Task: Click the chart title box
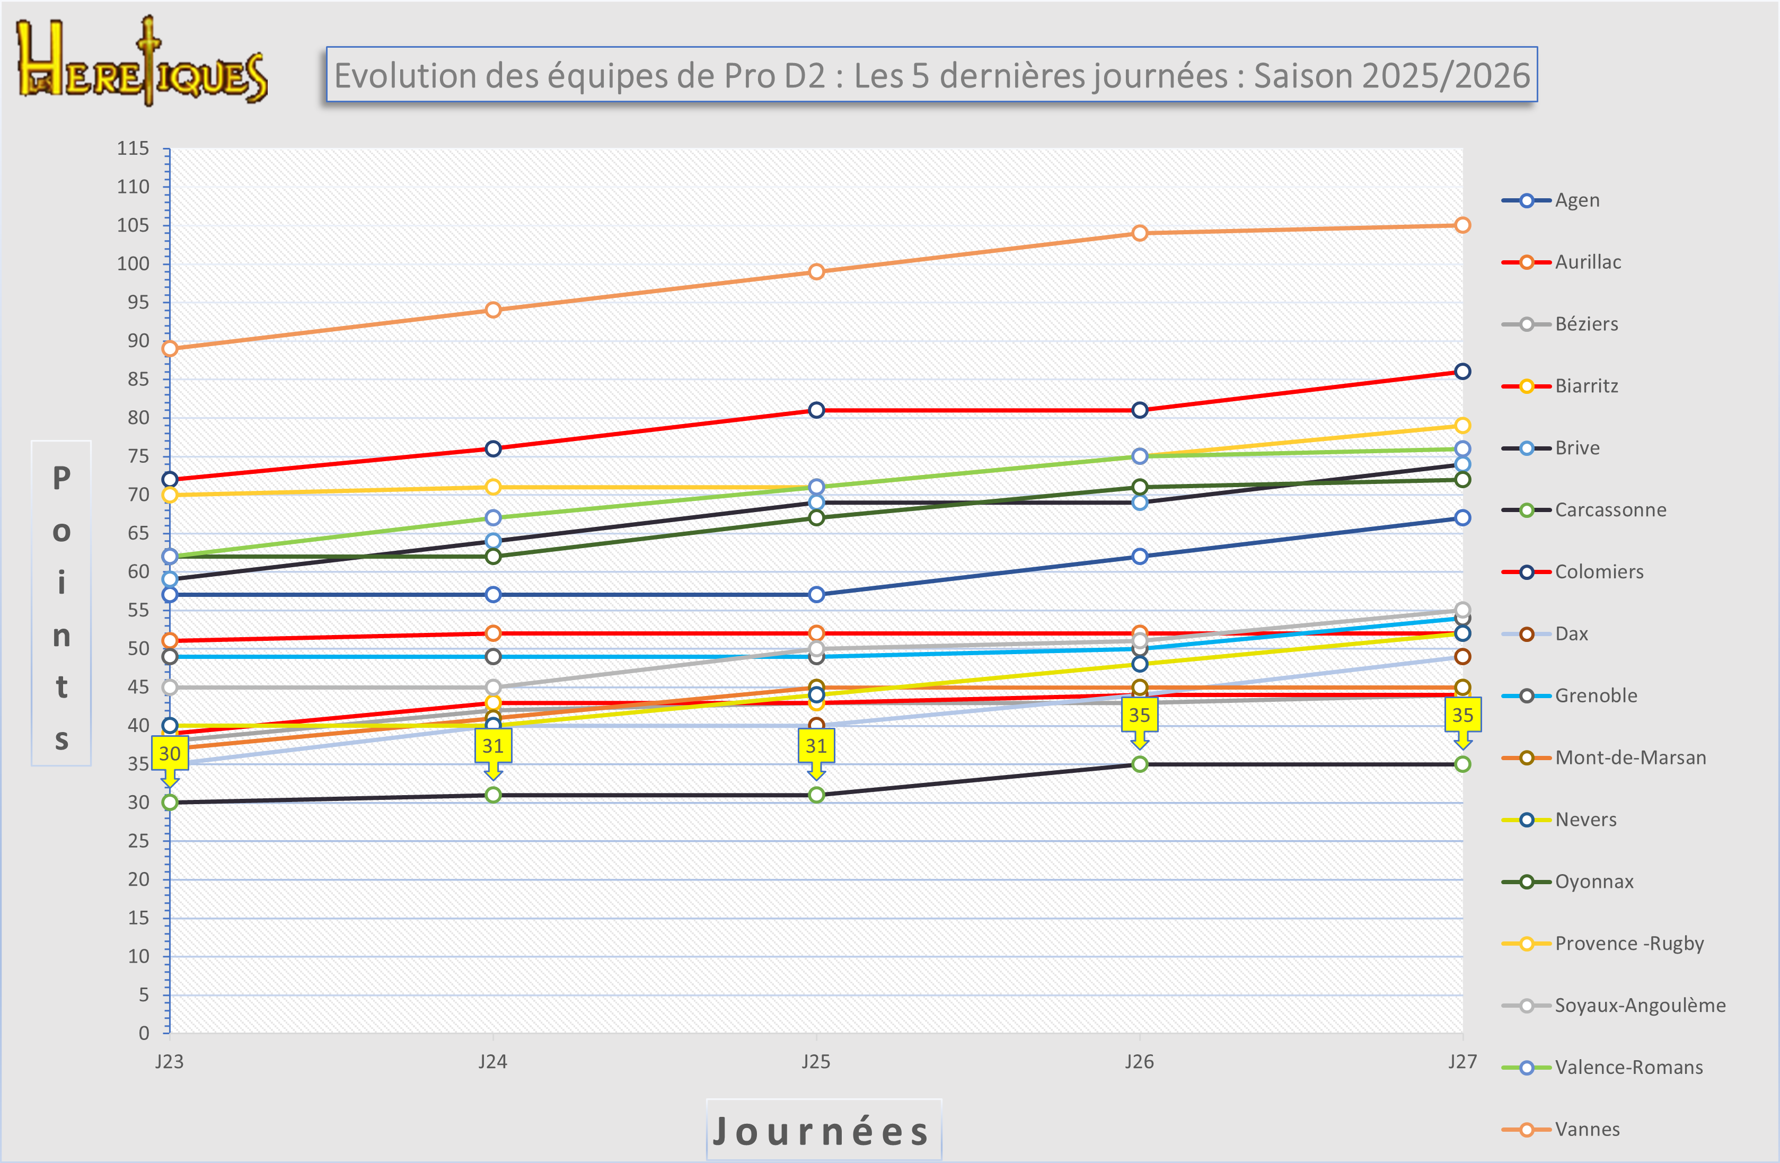(x=931, y=75)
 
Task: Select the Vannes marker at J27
(x=1462, y=225)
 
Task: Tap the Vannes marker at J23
(x=170, y=348)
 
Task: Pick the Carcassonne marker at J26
(x=1139, y=764)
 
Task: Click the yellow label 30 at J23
(x=170, y=753)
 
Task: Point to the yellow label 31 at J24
(x=493, y=746)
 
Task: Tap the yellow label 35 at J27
(x=1462, y=715)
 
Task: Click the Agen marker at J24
(x=493, y=595)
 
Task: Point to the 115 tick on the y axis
(x=133, y=148)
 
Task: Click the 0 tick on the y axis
(x=144, y=1033)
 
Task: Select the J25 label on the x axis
(x=816, y=1061)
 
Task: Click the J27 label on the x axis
(x=1462, y=1061)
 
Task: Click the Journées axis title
(x=823, y=1130)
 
